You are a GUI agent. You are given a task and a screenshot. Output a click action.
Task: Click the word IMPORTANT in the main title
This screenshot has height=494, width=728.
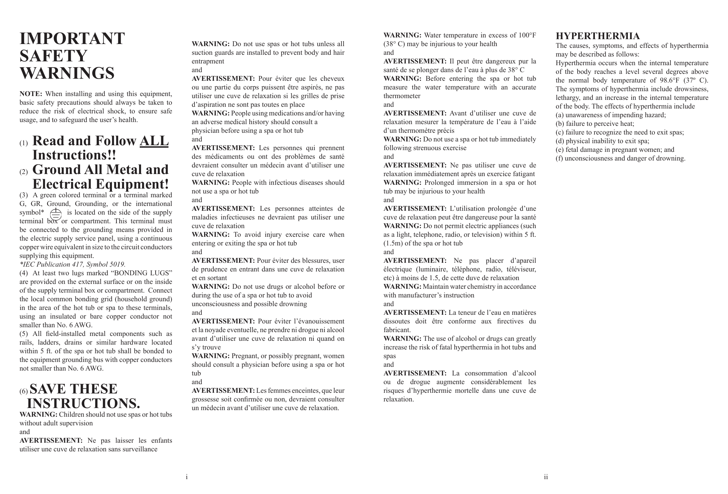(72, 38)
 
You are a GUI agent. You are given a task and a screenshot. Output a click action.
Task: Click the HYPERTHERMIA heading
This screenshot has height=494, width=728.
(598, 36)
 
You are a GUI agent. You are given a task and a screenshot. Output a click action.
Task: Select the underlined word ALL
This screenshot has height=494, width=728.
(154, 141)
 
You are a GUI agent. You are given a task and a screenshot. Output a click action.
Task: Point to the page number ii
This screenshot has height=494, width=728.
(546, 477)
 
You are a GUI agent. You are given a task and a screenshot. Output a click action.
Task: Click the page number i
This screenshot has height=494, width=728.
(187, 477)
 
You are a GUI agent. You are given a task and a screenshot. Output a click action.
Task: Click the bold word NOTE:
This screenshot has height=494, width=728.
(31, 94)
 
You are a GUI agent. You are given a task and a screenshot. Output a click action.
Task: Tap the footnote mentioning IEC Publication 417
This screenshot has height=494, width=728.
(72, 265)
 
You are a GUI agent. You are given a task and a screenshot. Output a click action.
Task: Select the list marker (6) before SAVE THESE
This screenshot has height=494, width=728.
(24, 391)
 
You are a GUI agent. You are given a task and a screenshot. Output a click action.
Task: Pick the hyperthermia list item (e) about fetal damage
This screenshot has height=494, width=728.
(615, 150)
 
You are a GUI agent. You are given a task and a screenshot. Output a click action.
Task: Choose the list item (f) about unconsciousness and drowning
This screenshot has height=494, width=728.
(621, 158)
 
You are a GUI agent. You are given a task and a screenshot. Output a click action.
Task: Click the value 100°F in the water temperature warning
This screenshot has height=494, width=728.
(527, 35)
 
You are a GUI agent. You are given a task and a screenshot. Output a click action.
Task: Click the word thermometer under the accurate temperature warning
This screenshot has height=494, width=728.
(402, 96)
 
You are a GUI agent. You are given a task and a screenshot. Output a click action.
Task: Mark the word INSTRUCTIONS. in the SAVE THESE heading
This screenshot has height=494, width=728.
(84, 404)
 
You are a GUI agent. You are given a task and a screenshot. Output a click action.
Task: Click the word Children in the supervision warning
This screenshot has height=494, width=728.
(71, 415)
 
